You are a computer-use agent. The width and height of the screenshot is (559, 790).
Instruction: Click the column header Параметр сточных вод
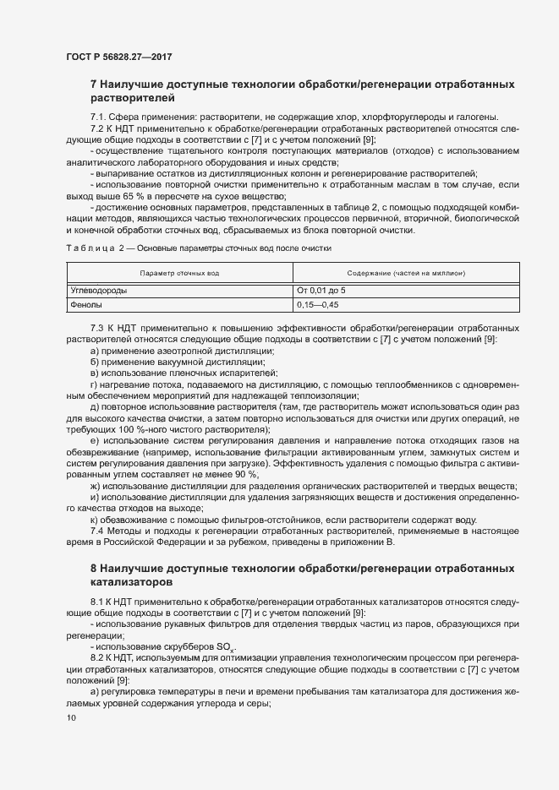[x=179, y=274]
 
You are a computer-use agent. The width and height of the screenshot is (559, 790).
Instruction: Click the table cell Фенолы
[x=86, y=304]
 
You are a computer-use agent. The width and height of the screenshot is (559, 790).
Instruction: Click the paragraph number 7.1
[x=97, y=117]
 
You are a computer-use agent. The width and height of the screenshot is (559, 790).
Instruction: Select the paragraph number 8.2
[x=97, y=657]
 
